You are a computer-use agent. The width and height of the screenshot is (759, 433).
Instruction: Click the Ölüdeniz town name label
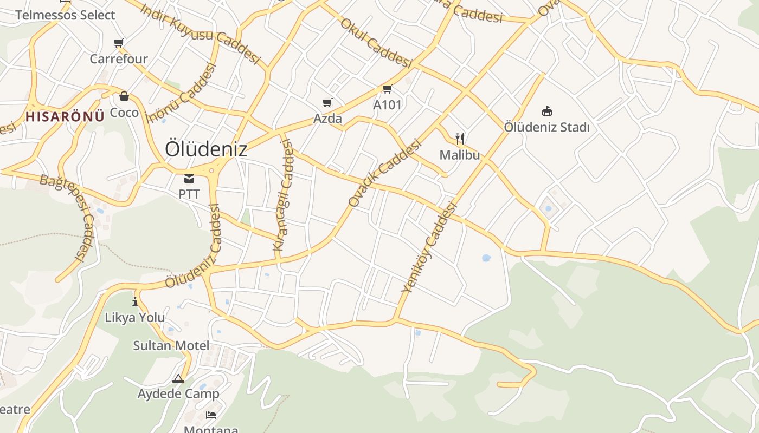coord(206,149)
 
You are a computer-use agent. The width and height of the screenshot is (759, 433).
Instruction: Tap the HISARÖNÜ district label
coord(65,116)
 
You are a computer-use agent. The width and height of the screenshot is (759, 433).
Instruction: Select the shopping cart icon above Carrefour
coord(119,43)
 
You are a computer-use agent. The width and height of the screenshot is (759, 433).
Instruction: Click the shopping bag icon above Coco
coord(124,96)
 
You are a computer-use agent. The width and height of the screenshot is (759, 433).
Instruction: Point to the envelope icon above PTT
coord(189,178)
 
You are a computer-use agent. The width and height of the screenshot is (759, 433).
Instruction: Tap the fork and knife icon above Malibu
coord(460,139)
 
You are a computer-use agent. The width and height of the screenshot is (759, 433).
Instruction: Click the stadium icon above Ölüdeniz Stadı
coord(546,111)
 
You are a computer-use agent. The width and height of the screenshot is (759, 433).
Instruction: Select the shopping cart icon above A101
coord(387,89)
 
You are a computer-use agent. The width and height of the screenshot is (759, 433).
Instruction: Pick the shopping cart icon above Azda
coord(327,102)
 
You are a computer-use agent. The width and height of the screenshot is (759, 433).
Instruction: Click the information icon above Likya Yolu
coord(135,301)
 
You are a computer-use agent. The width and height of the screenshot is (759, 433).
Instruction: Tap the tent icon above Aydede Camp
coord(178,378)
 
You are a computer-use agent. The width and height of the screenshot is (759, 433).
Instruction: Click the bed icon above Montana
coord(211,415)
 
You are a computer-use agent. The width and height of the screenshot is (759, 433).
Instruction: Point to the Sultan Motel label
coord(171,345)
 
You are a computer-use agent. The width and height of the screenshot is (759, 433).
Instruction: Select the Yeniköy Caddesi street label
coord(429,247)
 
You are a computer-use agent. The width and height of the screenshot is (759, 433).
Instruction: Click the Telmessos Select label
coord(65,15)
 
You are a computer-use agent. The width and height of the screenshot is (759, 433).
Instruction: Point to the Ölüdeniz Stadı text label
coord(546,127)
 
